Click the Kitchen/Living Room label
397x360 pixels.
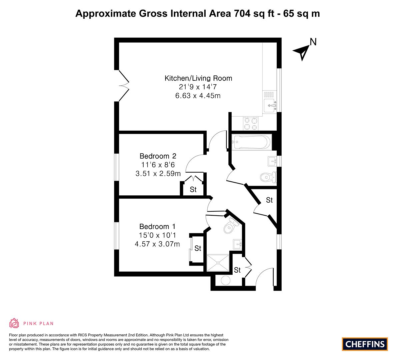click(198, 78)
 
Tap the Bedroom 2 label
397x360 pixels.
click(158, 156)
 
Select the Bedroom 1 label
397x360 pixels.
click(157, 226)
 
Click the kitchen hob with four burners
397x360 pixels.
click(250, 124)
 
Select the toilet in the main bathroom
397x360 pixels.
click(268, 177)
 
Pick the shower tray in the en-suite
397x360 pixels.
click(218, 263)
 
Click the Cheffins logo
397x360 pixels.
click(365, 344)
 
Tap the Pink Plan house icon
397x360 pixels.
click(14, 323)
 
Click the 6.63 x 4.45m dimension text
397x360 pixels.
click(198, 96)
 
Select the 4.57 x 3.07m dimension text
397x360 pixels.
click(157, 244)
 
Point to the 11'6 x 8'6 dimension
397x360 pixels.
click(158, 165)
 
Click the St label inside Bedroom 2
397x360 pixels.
click(193, 189)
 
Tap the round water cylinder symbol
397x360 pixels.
click(225, 280)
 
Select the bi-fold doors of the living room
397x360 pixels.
click(124, 86)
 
